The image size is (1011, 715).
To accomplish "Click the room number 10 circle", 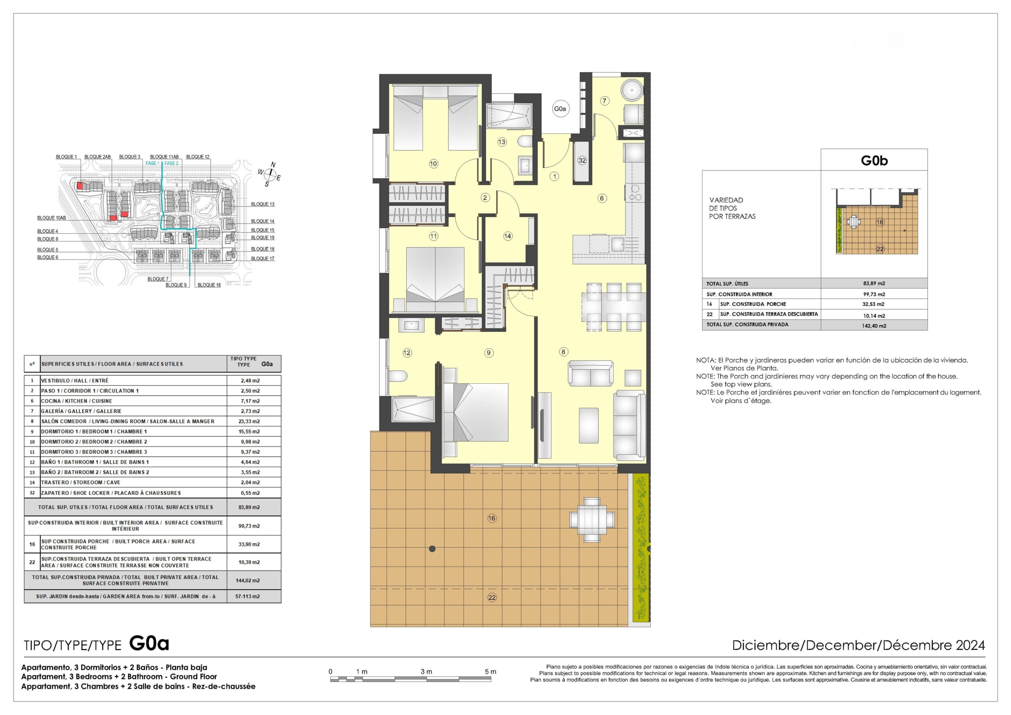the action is [433, 164].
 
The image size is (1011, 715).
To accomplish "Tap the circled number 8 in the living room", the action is [564, 352].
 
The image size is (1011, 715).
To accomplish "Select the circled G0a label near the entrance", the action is [560, 109].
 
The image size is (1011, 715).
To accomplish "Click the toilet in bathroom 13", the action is [524, 142].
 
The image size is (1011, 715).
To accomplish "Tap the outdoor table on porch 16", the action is [592, 520].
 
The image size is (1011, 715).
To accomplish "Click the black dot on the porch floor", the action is [432, 549].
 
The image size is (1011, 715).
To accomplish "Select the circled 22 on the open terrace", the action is [492, 597].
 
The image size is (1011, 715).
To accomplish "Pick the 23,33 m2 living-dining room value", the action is [249, 421].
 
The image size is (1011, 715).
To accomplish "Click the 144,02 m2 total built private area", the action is [248, 580].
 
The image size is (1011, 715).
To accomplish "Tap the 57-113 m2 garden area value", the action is [248, 597].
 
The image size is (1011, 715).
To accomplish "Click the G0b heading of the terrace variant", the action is [874, 161].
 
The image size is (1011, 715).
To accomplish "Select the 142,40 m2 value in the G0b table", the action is [874, 326].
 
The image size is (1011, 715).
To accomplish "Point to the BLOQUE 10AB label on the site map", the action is [51, 218].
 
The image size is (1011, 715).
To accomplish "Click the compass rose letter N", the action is [273, 165].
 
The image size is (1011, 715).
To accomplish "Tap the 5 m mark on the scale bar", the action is [490, 672].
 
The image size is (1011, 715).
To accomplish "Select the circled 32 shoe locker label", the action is [582, 160].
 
